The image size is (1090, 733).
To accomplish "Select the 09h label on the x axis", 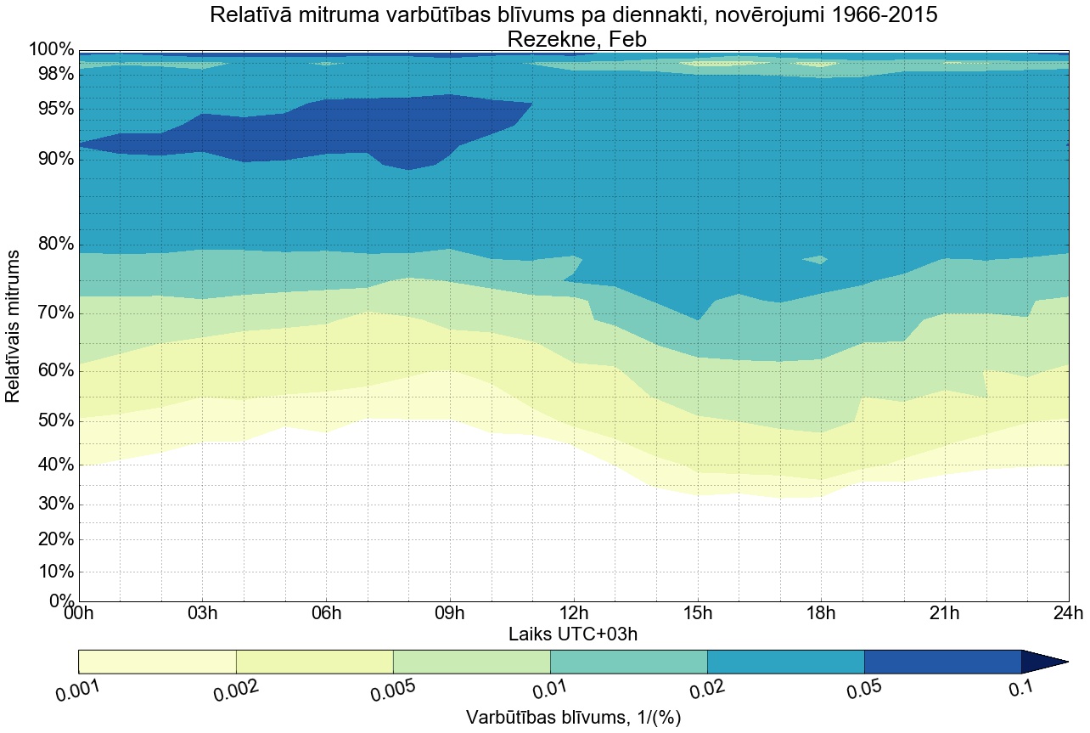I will (x=450, y=613).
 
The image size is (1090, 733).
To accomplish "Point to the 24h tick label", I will (x=1067, y=613).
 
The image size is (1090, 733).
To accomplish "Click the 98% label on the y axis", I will (x=52, y=74).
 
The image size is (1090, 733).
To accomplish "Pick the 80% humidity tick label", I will (x=52, y=245).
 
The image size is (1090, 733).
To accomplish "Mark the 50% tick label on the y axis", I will (x=52, y=421).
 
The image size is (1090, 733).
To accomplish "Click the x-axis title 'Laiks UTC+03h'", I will (x=573, y=634).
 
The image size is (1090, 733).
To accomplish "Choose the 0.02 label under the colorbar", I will (x=708, y=691).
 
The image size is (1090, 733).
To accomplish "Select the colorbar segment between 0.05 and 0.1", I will (x=942, y=662).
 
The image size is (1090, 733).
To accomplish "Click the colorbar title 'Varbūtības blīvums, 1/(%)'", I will (x=574, y=717).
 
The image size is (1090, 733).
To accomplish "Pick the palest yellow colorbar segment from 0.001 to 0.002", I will (x=157, y=662).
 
